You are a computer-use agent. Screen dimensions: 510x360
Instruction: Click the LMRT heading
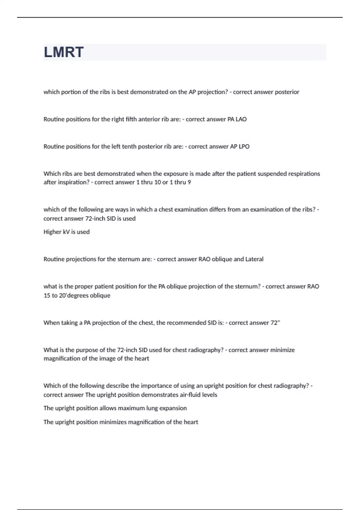coord(64,52)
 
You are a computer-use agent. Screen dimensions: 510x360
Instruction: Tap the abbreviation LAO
coord(241,119)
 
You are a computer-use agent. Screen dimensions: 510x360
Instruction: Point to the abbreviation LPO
coord(244,146)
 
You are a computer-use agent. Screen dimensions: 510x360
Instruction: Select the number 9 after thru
coord(189,182)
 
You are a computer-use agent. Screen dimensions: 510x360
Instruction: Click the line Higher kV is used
coord(67,232)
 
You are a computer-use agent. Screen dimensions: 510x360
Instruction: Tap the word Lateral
coord(254,259)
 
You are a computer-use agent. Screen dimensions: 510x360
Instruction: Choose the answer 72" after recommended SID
coord(275,323)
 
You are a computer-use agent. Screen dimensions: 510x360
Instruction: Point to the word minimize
coord(283,350)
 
